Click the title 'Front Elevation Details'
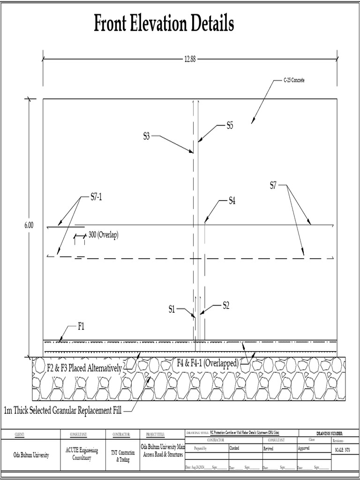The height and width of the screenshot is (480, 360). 164,23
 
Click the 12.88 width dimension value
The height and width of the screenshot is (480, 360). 189,59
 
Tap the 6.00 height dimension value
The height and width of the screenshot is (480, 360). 29,225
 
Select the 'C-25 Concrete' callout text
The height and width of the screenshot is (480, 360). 294,81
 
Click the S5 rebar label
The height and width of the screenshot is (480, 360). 230,125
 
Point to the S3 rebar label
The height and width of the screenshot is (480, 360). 146,136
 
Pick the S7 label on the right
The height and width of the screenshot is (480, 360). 273,186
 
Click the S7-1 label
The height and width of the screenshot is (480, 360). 96,197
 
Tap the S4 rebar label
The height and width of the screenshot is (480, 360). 232,201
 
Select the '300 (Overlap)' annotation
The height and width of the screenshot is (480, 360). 103,235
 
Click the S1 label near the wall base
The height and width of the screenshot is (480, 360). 172,309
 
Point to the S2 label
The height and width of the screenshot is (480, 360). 226,306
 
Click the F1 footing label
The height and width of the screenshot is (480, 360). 81,327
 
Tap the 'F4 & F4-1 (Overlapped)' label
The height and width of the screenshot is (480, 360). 208,363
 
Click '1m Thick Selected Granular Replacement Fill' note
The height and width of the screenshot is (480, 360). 62,411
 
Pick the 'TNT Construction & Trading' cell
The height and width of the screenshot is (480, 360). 122,456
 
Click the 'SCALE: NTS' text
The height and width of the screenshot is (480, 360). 343,450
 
